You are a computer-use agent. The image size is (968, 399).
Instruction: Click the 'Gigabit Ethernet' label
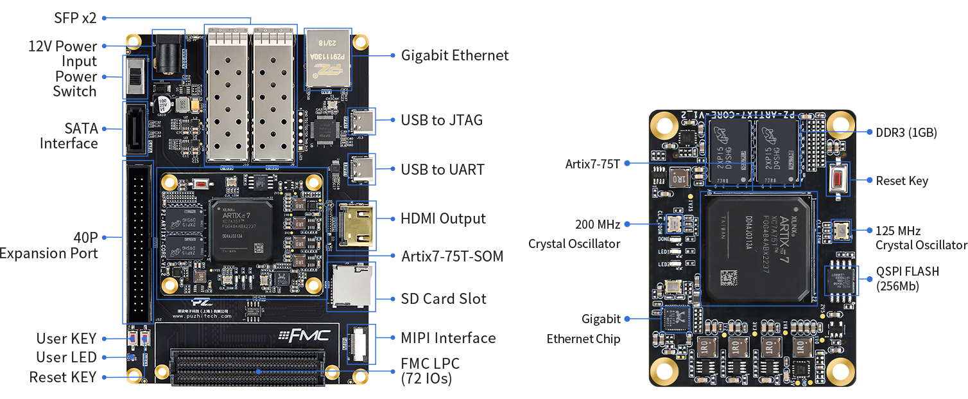coord(454,55)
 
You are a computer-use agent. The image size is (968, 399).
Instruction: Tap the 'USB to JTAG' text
coord(442,120)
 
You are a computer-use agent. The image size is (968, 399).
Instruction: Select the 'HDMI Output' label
coord(444,218)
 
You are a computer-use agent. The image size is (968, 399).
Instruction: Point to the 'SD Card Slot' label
coord(444,299)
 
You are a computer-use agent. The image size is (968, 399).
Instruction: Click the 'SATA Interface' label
coord(69,136)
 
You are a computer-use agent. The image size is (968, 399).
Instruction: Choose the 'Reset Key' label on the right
coord(901,181)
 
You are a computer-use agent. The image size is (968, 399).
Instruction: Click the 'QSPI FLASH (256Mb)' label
coord(907,279)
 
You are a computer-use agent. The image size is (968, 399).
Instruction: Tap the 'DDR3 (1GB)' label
coord(906,133)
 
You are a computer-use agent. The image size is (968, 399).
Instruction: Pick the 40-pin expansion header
coord(138,242)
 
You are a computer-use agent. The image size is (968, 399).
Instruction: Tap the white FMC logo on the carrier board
coord(305,335)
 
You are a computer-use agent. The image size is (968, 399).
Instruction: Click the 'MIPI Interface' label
coord(448,338)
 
